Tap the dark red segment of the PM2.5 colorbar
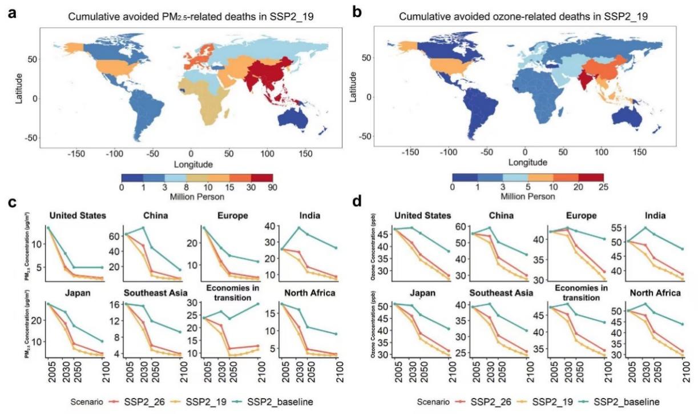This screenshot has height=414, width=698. [x=261, y=178]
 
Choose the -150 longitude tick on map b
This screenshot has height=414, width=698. [x=410, y=154]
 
